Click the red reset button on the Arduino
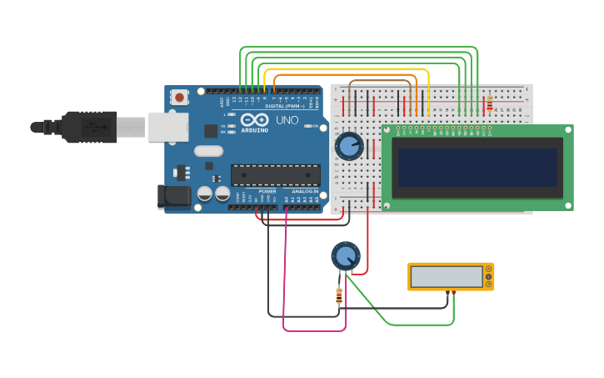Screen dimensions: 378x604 [x=179, y=98]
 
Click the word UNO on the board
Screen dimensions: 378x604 [x=287, y=120]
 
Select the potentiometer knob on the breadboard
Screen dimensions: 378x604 [x=349, y=146]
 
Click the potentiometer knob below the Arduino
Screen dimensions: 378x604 [x=345, y=255]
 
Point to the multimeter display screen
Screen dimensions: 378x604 [x=447, y=276]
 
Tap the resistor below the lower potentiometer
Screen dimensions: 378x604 [x=338, y=295]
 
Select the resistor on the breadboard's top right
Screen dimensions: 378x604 [x=489, y=103]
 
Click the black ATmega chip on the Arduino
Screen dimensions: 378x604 [x=276, y=175]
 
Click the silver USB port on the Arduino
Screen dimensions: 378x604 [x=168, y=127]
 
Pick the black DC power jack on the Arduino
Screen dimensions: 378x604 [x=172, y=197]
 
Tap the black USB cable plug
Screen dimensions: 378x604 [x=87, y=127]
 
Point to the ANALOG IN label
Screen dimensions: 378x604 [x=305, y=191]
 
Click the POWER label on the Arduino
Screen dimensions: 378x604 [x=267, y=191]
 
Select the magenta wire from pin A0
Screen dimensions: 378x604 [x=284, y=275]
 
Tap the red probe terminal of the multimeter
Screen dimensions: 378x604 [x=452, y=293]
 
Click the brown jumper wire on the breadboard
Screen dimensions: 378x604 [x=383, y=82]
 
